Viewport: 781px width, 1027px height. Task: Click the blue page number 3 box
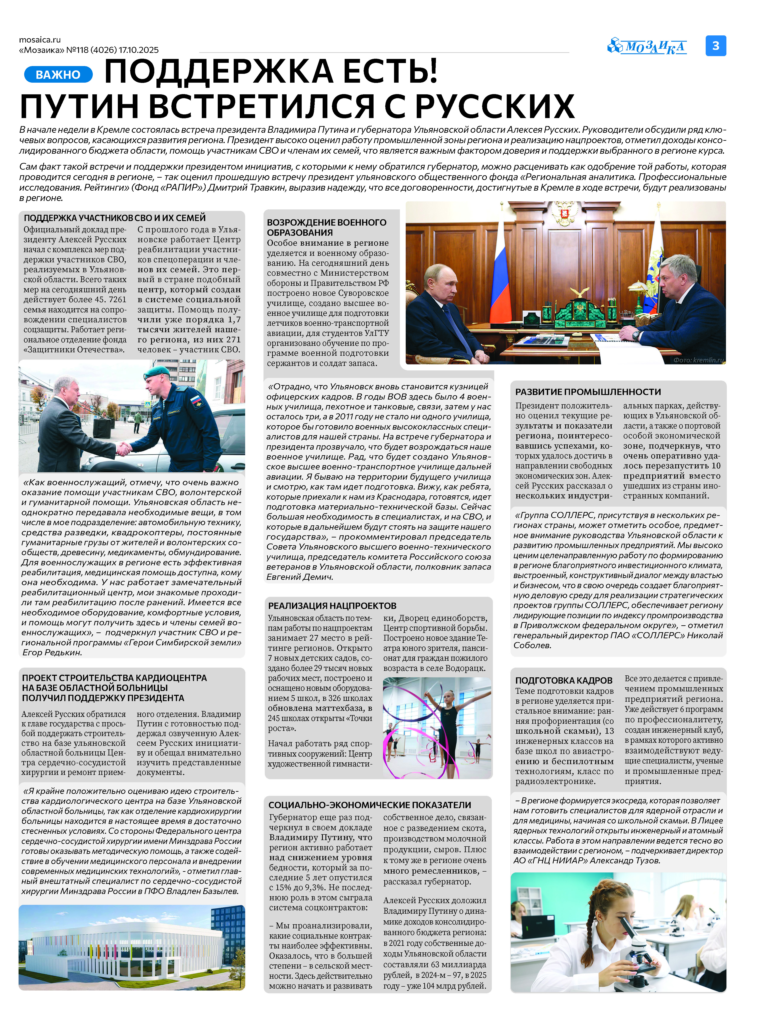[715, 46]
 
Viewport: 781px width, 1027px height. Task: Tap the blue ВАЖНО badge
[58, 74]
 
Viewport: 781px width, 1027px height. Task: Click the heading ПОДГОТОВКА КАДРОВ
[563, 680]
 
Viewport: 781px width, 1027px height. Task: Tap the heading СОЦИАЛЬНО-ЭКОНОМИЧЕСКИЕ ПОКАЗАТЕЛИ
[370, 805]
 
